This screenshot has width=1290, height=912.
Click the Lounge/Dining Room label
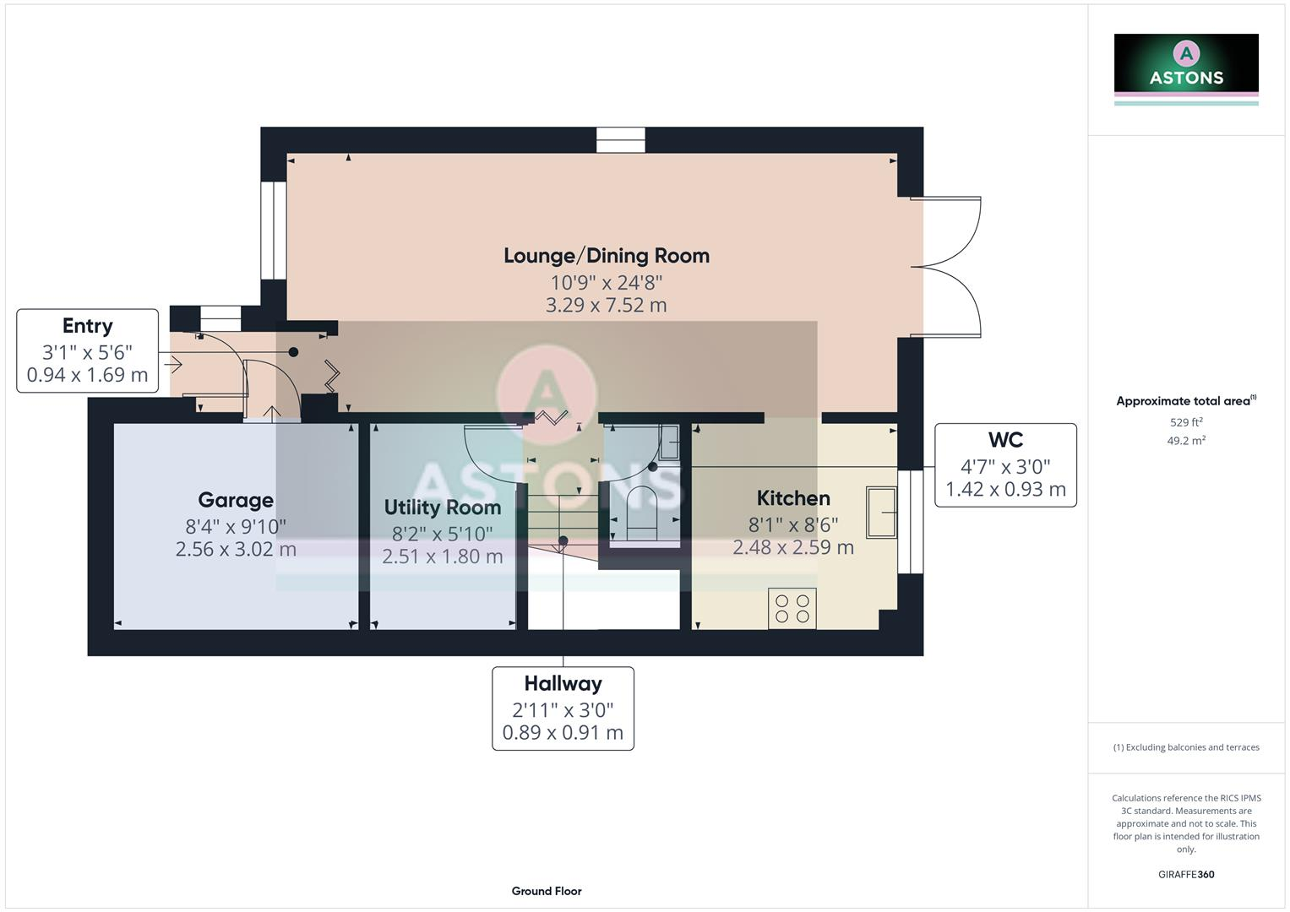(606, 256)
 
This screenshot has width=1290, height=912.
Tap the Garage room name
(236, 500)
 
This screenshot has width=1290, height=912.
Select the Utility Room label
(442, 508)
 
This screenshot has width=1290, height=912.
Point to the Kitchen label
(793, 498)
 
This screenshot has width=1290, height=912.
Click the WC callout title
(1005, 440)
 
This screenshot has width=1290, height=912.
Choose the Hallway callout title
(563, 683)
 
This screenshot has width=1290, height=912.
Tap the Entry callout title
(87, 326)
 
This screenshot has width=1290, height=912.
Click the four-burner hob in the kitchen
(792, 609)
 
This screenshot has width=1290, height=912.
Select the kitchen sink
(881, 512)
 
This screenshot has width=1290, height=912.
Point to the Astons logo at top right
(1186, 64)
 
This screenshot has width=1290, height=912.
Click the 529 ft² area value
(1186, 422)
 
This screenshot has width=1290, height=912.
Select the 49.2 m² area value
(1186, 441)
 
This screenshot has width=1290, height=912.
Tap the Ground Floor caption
(547, 891)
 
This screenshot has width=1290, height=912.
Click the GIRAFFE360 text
(1186, 875)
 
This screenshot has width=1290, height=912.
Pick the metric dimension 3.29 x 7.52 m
(606, 306)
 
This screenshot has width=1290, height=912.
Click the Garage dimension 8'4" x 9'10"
(236, 526)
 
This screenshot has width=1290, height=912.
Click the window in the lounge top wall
(620, 139)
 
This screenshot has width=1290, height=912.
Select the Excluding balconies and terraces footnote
(1186, 747)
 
